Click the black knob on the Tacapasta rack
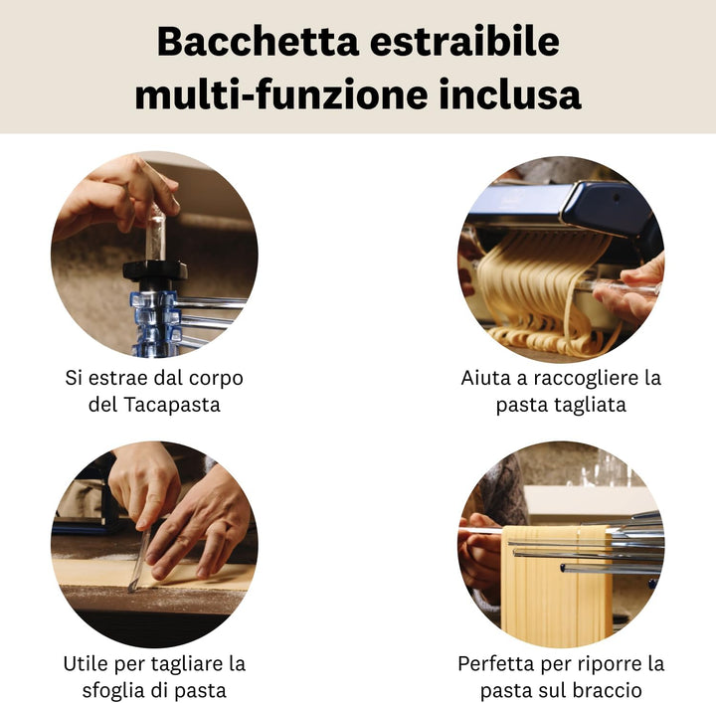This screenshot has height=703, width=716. click(x=155, y=269)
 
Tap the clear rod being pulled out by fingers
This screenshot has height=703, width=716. click(x=155, y=234)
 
